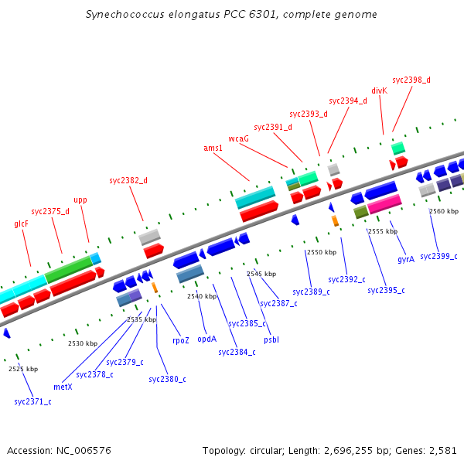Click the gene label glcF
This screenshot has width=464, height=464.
pyautogui.click(x=21, y=224)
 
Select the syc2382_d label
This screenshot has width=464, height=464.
pyautogui.click(x=128, y=180)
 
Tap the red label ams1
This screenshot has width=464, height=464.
pyautogui.click(x=213, y=148)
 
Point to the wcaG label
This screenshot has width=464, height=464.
pyautogui.click(x=238, y=138)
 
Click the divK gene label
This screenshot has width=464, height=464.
pyautogui.click(x=379, y=90)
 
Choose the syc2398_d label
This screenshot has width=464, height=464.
pyautogui.click(x=411, y=80)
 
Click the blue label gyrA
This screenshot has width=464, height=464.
pyautogui.click(x=406, y=259)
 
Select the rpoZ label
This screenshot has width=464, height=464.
pyautogui.click(x=181, y=339)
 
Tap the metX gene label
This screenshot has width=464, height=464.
pyautogui.click(x=63, y=386)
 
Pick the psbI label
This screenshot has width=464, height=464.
pyautogui.click(x=271, y=339)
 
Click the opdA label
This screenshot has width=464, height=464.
pyautogui.click(x=206, y=338)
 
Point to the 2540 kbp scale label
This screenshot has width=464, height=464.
pyautogui.click(x=202, y=296)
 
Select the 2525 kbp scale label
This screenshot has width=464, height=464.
pyautogui.click(x=23, y=369)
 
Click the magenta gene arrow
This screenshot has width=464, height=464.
pyautogui.click(x=384, y=204)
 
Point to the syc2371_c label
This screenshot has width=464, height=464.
pyautogui.click(x=32, y=401)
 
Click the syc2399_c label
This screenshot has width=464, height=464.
pyautogui.click(x=438, y=256)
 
